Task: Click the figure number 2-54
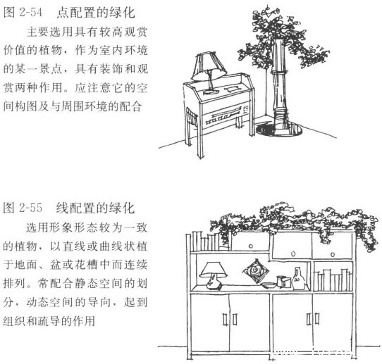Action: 31,13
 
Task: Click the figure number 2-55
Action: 31,208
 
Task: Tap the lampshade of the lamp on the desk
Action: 209,66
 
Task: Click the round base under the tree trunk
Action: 279,129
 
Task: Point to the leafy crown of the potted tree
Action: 283,39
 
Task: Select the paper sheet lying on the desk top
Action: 230,89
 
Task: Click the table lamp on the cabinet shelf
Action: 213,275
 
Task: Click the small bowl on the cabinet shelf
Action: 268,285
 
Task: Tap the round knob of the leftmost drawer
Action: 251,246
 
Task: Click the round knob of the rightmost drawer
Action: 333,254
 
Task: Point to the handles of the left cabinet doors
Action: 230,319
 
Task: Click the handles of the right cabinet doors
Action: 314,319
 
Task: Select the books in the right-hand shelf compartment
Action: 333,280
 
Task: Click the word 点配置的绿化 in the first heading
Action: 96,13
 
